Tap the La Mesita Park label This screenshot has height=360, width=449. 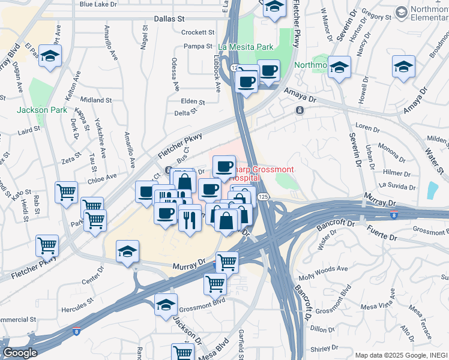point(246,46)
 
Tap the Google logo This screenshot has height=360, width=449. point(20,353)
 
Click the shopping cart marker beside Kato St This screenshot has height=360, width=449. point(66,192)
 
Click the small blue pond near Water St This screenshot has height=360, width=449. point(432,190)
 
